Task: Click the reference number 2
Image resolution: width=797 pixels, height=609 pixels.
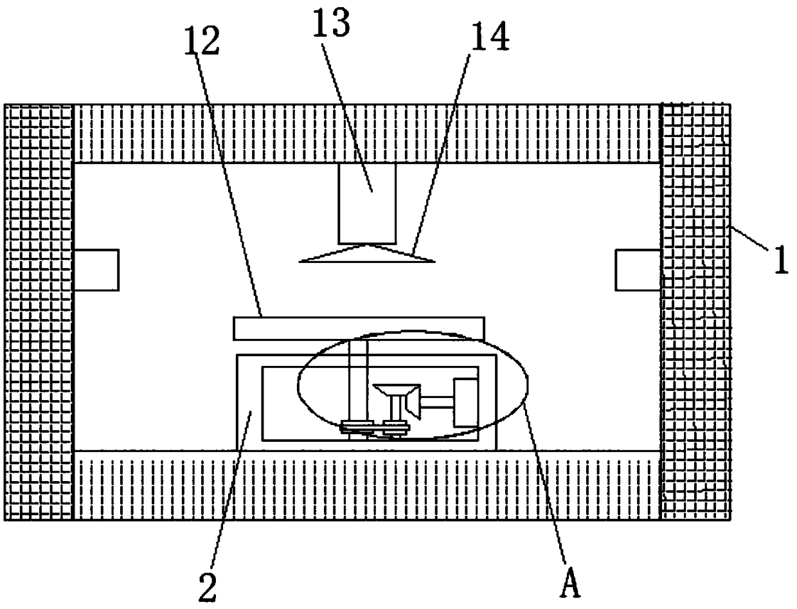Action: pyautogui.click(x=207, y=587)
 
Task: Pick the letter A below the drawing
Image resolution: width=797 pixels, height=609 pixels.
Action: pyautogui.click(x=571, y=585)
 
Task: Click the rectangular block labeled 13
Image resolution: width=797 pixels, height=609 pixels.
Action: pyautogui.click(x=368, y=203)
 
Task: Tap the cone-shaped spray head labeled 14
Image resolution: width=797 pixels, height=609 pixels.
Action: pyautogui.click(x=367, y=255)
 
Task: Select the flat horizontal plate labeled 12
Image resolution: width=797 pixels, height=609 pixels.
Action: pyautogui.click(x=359, y=327)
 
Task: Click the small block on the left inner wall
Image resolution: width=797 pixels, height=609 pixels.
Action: pyautogui.click(x=96, y=269)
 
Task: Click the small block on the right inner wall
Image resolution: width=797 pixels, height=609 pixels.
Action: pyautogui.click(x=638, y=269)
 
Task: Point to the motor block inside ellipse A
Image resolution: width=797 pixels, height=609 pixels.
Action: pyautogui.click(x=466, y=402)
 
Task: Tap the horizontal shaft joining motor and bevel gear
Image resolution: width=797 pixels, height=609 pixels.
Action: pyautogui.click(x=436, y=403)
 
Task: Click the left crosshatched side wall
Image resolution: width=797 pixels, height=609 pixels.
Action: pyautogui.click(x=39, y=312)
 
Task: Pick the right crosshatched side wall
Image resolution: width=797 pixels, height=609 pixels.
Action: pyautogui.click(x=696, y=312)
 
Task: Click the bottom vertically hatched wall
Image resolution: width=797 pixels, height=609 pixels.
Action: pyautogui.click(x=366, y=485)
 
